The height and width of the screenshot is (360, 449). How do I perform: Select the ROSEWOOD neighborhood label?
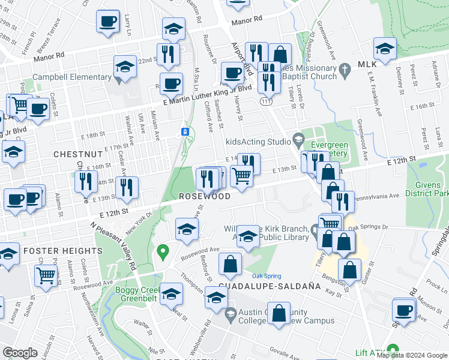coord(205,197)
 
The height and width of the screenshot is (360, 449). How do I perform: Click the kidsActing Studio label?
coord(258,142)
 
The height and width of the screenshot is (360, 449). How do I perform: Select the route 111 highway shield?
coord(265,103)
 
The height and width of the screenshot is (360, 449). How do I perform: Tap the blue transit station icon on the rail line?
coord(185,131)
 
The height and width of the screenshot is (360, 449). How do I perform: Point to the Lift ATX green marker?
coord(393,349)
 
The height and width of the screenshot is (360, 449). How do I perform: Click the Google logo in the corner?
coord(20,353)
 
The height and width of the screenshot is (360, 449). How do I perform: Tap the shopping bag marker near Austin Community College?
coord(279,314)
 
